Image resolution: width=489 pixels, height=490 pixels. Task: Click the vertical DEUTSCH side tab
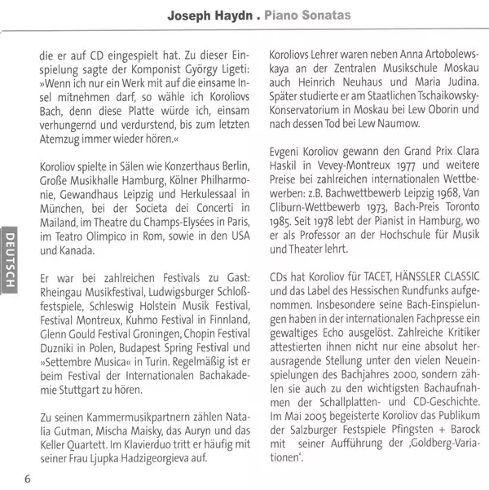click(9, 258)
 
